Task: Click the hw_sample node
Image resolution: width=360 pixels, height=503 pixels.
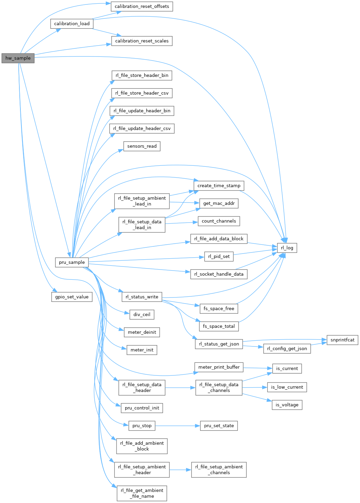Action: pyautogui.click(x=18, y=58)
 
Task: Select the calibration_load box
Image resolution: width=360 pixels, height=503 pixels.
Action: pyautogui.click(x=72, y=24)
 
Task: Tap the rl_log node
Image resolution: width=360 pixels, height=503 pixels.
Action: pyautogui.click(x=287, y=248)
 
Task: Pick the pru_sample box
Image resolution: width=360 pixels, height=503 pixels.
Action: pyautogui.click(x=72, y=262)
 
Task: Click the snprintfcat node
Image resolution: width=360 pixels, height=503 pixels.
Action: pyautogui.click(x=342, y=340)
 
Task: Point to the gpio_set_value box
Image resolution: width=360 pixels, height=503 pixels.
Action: pyautogui.click(x=72, y=297)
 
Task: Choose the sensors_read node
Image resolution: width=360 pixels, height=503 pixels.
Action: pyautogui.click(x=142, y=146)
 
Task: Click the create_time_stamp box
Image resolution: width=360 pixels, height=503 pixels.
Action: pyautogui.click(x=219, y=186)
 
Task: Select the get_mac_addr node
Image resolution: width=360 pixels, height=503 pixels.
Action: pyautogui.click(x=219, y=204)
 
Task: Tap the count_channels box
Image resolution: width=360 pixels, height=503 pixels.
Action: pyautogui.click(x=219, y=221)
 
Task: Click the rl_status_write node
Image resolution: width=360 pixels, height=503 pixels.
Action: pyautogui.click(x=142, y=297)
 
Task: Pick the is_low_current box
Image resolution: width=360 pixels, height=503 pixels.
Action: pyautogui.click(x=287, y=387)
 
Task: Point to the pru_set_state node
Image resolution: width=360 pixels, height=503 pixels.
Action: pyautogui.click(x=219, y=426)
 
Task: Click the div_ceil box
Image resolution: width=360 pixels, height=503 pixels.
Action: pyautogui.click(x=142, y=314)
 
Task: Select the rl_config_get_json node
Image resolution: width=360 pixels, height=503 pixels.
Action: pyautogui.click(x=287, y=348)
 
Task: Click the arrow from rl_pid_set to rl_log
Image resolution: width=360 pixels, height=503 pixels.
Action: pyautogui.click(x=255, y=253)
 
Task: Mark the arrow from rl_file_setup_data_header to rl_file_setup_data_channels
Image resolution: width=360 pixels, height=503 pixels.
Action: pyautogui.click(x=180, y=388)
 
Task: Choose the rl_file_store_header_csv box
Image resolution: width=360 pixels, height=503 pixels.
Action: pyautogui.click(x=142, y=93)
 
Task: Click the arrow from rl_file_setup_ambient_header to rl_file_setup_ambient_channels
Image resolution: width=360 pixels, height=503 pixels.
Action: pyautogui.click(x=180, y=470)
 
